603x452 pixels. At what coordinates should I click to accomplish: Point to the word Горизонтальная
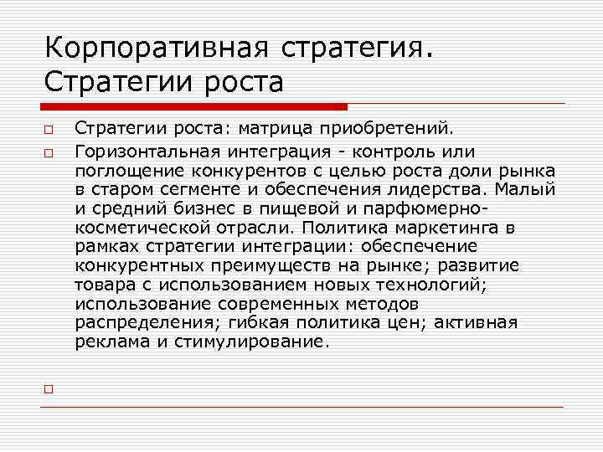[146, 152]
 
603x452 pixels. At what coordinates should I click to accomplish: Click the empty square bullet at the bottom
[49, 389]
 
